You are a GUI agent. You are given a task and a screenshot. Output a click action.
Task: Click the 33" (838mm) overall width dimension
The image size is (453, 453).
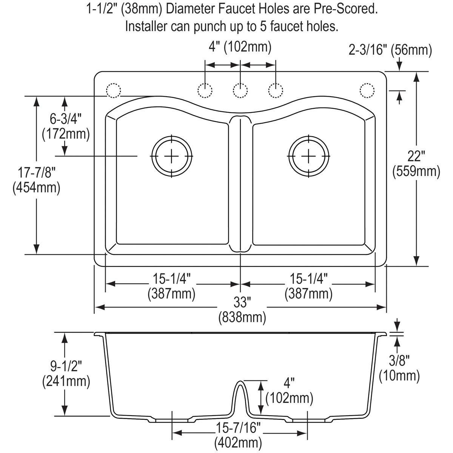[x=242, y=310]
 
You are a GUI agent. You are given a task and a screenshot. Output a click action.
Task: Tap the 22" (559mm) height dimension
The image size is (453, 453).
[x=416, y=164]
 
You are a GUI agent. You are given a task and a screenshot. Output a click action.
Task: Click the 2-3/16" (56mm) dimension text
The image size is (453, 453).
[x=390, y=49]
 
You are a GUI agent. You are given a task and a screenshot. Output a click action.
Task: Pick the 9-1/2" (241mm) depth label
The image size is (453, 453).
[x=66, y=373]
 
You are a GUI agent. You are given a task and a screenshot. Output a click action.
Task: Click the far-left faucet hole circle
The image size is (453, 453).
[x=113, y=91]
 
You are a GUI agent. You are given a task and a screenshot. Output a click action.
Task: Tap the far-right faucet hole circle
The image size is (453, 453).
[x=367, y=91]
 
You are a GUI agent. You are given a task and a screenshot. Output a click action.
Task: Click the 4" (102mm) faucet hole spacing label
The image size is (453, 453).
[x=240, y=48]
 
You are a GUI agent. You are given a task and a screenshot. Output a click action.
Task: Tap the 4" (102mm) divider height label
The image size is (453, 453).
[x=289, y=391]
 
